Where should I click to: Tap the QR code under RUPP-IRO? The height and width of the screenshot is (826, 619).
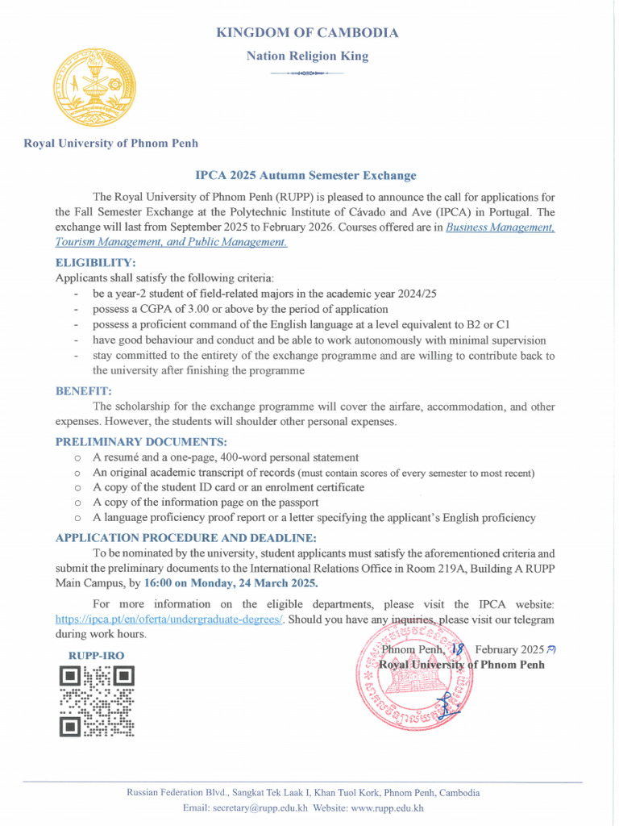click(x=97, y=702)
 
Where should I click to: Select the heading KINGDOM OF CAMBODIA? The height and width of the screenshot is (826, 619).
click(x=307, y=33)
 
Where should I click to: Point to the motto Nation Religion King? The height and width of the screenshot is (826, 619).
click(x=307, y=56)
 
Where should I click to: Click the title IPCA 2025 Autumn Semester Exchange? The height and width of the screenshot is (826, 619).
click(x=305, y=175)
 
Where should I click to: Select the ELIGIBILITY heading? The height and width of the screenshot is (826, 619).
click(x=95, y=263)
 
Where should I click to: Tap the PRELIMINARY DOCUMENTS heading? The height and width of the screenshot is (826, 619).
click(x=141, y=442)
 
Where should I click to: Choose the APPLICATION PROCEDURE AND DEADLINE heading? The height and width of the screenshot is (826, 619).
click(x=185, y=538)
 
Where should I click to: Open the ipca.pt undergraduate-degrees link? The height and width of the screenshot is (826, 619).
click(x=169, y=619)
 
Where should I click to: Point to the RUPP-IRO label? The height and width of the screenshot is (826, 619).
click(x=95, y=656)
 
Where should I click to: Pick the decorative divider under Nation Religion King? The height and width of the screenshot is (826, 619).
click(x=307, y=73)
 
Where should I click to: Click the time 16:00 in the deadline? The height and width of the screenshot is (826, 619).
click(x=160, y=583)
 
